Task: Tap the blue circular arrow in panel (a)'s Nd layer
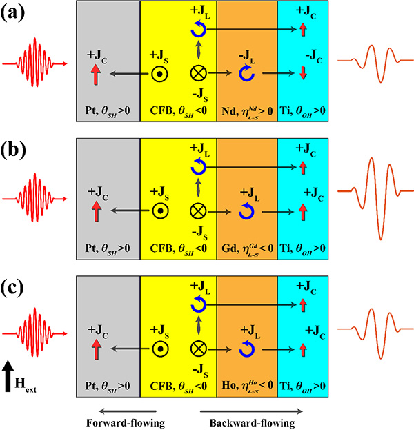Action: coord(246,73)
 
